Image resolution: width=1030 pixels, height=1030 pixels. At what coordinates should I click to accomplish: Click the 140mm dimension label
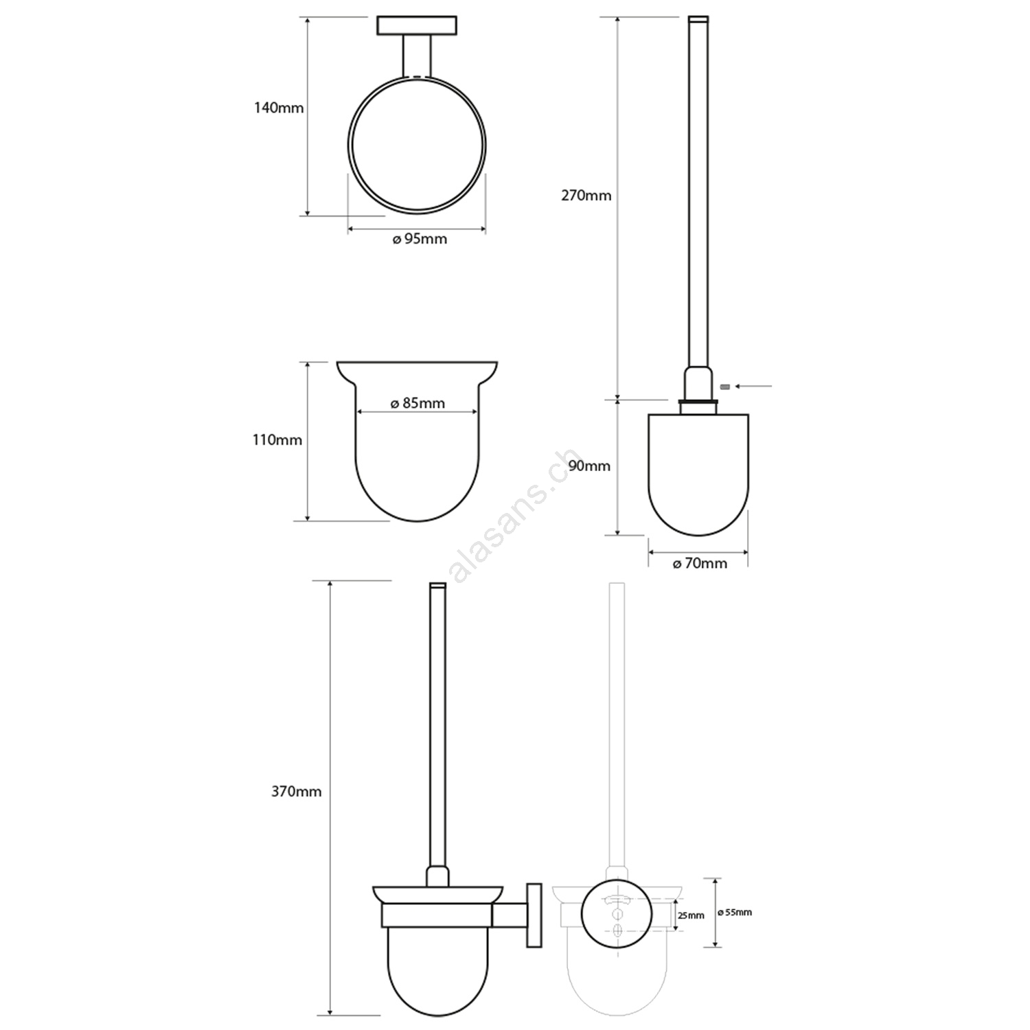point(279,108)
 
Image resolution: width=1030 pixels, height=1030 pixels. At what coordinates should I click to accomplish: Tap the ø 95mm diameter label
point(420,239)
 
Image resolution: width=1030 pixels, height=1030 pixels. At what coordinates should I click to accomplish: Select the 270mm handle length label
point(586,195)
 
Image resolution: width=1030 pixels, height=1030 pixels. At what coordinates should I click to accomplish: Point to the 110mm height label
point(277,439)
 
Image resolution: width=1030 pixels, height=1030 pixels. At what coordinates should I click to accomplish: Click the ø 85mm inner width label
point(417,403)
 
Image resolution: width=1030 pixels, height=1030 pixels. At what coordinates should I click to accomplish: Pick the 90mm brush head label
point(589,466)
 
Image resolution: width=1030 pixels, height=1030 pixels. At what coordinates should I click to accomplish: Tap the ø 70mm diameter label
point(700,564)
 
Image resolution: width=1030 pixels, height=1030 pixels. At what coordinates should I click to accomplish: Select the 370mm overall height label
point(297,791)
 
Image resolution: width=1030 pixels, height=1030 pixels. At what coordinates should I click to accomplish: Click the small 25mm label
point(691,915)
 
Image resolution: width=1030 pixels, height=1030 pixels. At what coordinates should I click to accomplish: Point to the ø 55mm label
point(735,913)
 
